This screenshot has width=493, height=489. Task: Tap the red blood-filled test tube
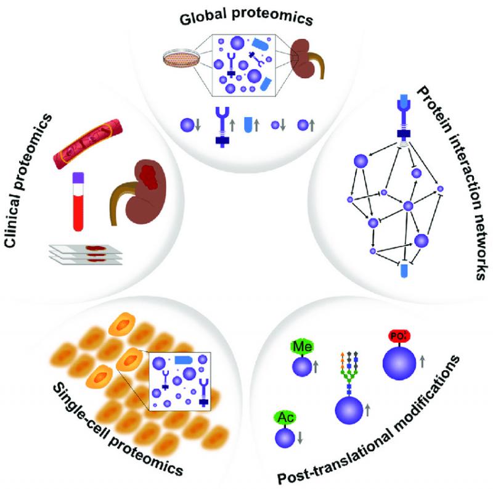click(78, 207)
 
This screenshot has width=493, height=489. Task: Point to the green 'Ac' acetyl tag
click(284, 417)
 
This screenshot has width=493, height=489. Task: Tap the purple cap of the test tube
click(78, 178)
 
